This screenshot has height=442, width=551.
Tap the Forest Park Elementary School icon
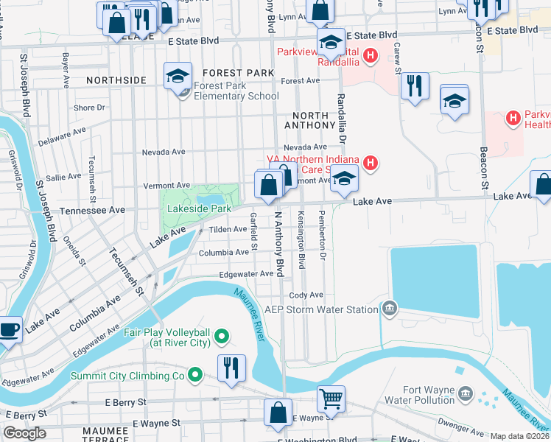pos(178,77)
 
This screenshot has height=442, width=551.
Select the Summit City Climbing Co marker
pos(195,376)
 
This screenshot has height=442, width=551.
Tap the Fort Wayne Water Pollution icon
pos(466,393)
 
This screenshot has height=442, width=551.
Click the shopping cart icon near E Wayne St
pos(331,399)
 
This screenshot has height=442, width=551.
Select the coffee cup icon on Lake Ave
pos(10,329)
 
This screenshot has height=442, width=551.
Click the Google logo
pos(24,433)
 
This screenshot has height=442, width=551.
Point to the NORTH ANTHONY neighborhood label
pos(315,121)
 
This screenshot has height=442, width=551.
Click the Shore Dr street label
pos(90,108)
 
